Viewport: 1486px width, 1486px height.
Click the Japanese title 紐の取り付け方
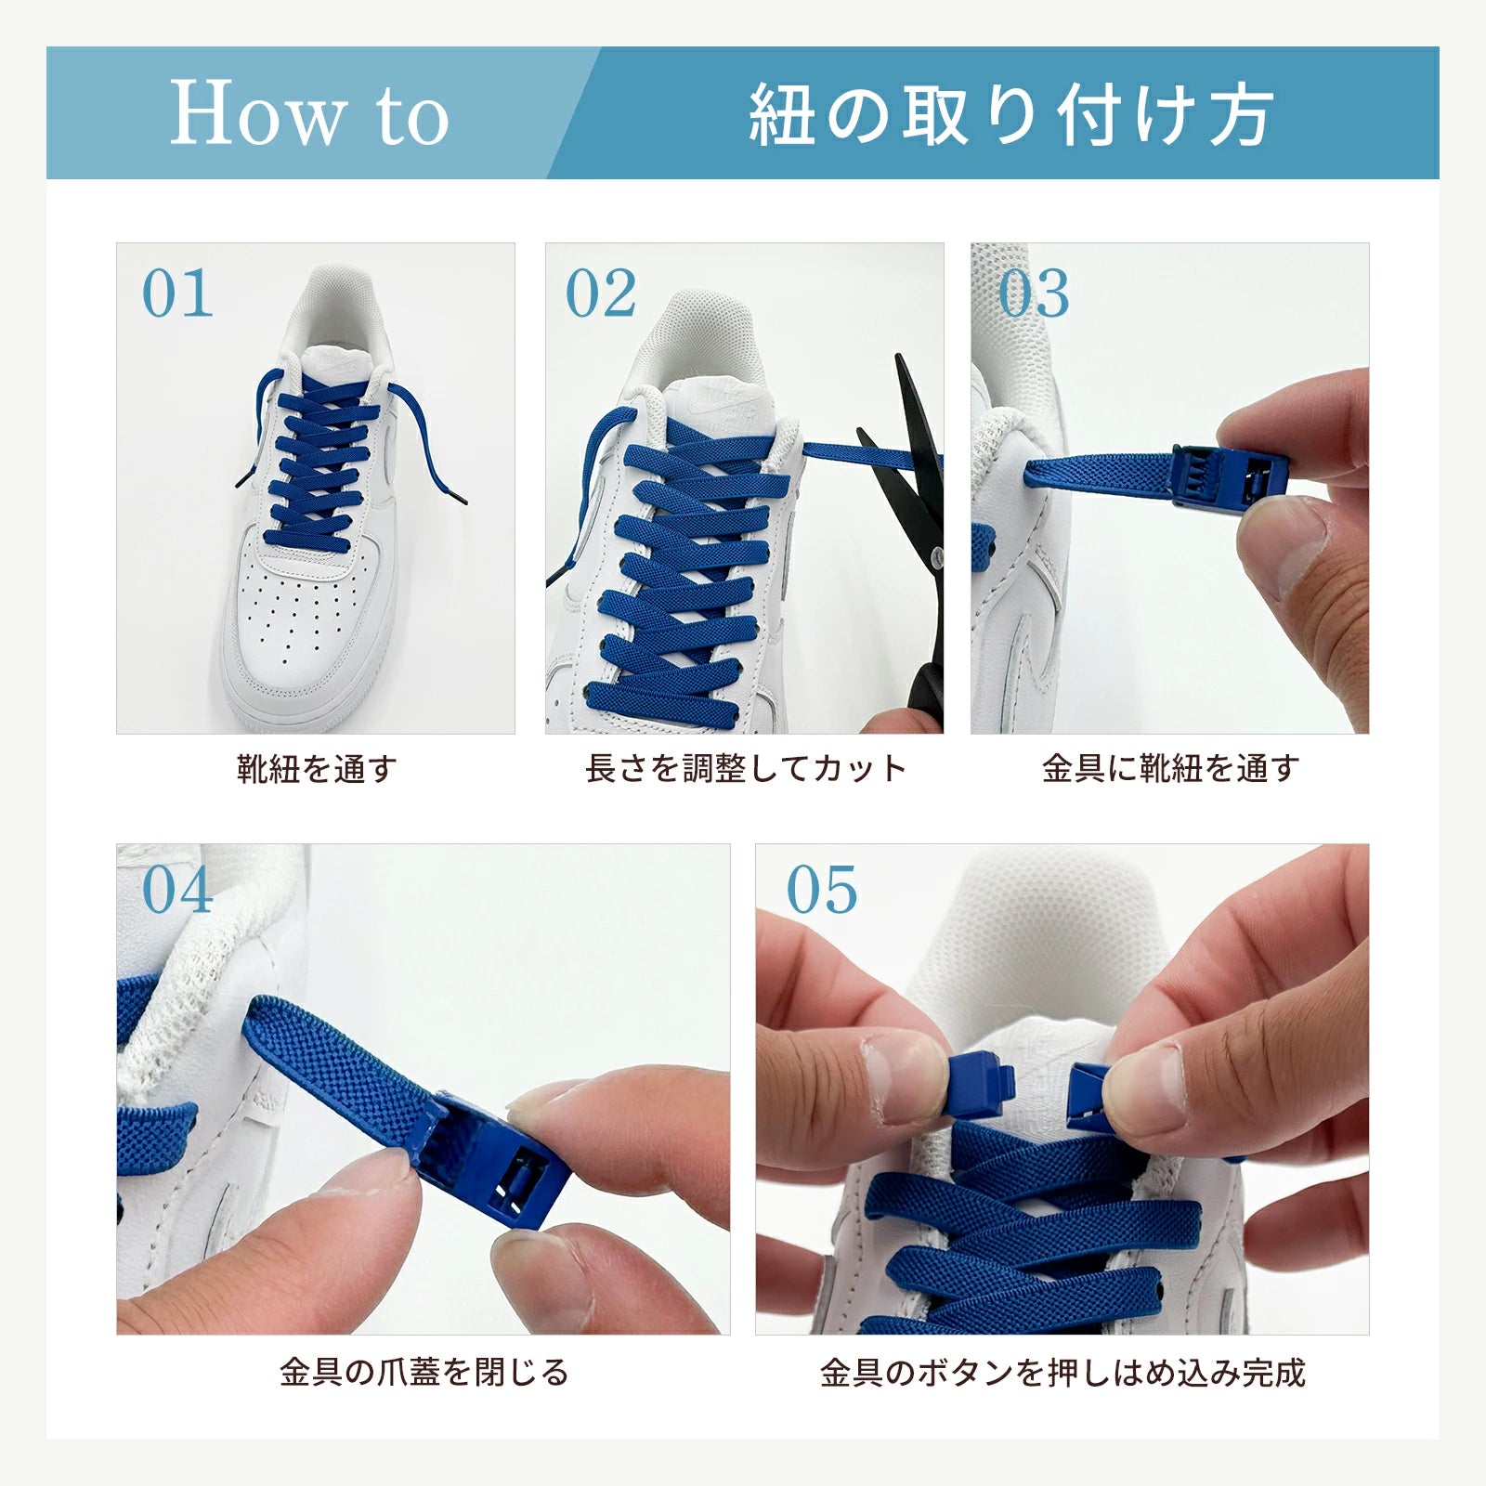pos(1010,115)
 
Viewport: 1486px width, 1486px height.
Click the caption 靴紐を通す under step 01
pos(317,769)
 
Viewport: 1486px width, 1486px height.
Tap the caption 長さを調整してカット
pos(745,769)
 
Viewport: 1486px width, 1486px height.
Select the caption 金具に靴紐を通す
pos(1170,769)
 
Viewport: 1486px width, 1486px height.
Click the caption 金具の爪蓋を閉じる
pos(424,1372)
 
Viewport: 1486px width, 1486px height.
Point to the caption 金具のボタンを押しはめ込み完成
pos(1062,1372)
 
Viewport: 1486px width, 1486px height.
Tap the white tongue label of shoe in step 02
pos(729,399)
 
